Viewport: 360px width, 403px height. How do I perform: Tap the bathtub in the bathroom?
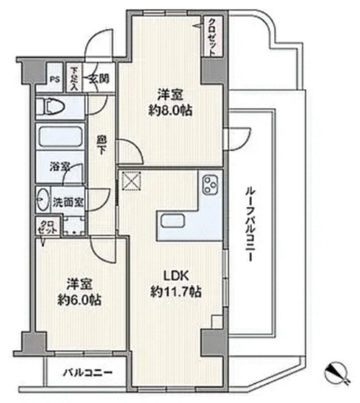(x=61, y=138)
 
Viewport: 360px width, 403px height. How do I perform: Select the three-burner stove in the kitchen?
(x=211, y=185)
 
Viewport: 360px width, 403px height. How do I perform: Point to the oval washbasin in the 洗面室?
(x=43, y=200)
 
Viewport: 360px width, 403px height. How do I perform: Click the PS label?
(x=54, y=80)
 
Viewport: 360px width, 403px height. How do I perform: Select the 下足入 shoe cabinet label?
(x=74, y=79)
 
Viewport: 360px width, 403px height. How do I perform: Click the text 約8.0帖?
(x=170, y=111)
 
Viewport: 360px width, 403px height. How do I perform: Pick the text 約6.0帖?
(x=79, y=300)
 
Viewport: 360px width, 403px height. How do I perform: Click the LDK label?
(x=176, y=276)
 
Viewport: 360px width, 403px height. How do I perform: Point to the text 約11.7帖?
(x=175, y=292)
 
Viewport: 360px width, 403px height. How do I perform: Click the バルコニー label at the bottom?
(x=88, y=373)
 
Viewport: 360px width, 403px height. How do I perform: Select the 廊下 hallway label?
(x=101, y=145)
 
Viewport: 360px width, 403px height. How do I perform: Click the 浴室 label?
(x=60, y=168)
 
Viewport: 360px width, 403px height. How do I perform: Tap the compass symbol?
(x=338, y=372)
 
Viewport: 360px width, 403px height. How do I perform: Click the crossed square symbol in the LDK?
(x=132, y=181)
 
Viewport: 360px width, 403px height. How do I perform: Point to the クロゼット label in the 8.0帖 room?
(x=212, y=37)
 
